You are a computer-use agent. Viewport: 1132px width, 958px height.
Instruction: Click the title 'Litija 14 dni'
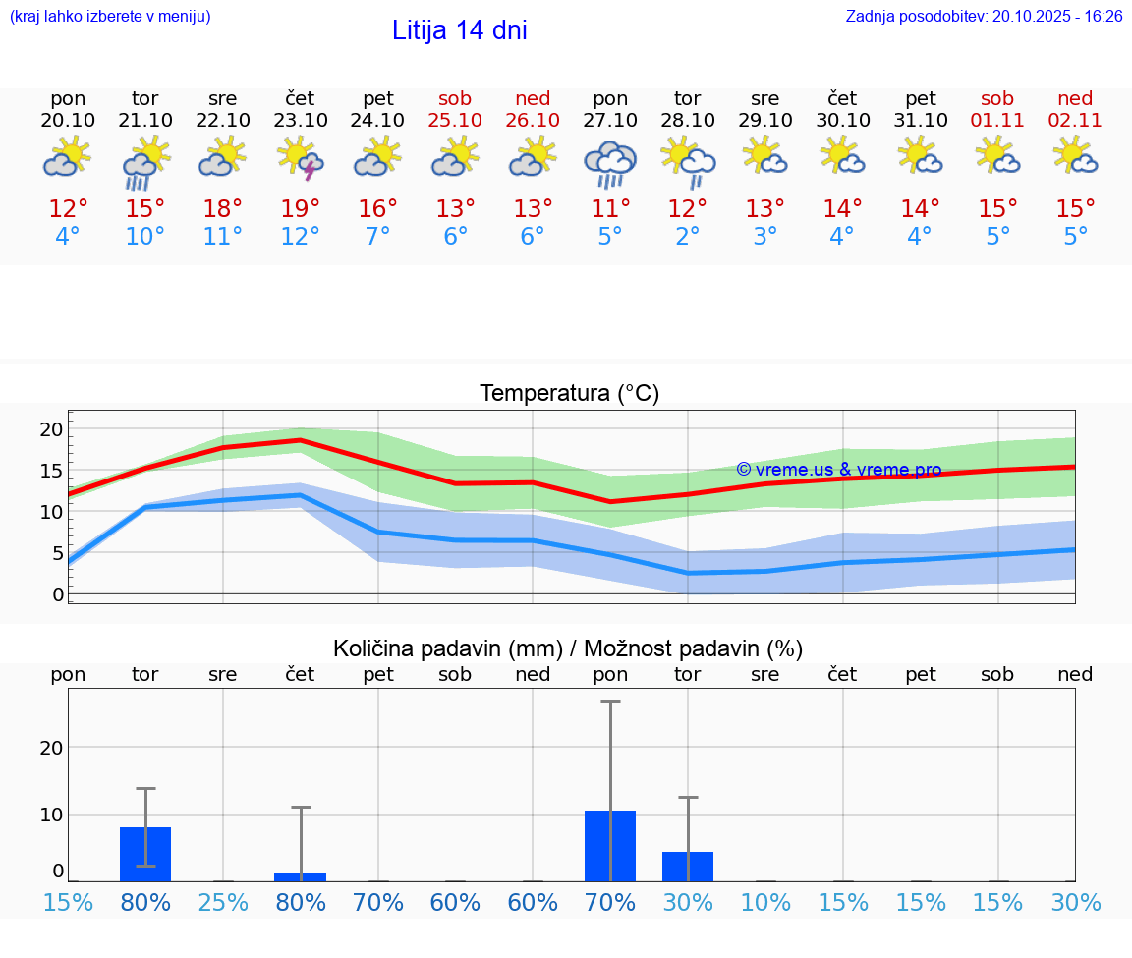pyautogui.click(x=459, y=30)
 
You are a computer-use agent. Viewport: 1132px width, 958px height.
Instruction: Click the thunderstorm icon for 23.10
pyautogui.click(x=301, y=158)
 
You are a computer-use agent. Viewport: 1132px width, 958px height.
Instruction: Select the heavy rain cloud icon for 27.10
pyautogui.click(x=610, y=163)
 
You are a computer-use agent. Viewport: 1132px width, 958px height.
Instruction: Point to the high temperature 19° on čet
pyautogui.click(x=301, y=209)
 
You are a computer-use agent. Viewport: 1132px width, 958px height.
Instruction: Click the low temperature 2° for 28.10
pyautogui.click(x=688, y=237)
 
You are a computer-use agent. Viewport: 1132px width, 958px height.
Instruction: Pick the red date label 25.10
pyautogui.click(x=455, y=121)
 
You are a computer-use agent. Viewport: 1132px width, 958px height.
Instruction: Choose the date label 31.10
pyautogui.click(x=921, y=121)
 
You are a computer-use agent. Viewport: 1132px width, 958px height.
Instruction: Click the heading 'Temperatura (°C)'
pyautogui.click(x=569, y=394)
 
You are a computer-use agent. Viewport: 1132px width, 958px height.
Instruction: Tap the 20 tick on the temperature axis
pyautogui.click(x=51, y=429)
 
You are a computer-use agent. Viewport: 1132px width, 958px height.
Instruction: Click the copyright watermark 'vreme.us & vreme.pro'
pyautogui.click(x=839, y=470)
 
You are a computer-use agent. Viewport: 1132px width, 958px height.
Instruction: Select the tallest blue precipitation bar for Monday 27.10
pyautogui.click(x=610, y=846)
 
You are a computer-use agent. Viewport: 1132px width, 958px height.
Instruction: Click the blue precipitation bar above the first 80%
pyautogui.click(x=145, y=854)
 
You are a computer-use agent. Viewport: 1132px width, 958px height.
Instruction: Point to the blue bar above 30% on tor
pyautogui.click(x=688, y=867)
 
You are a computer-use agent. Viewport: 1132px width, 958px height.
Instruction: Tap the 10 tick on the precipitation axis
pyautogui.click(x=51, y=815)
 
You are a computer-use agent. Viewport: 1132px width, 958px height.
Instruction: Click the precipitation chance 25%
pyautogui.click(x=223, y=903)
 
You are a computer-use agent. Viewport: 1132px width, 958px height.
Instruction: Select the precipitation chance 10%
pyautogui.click(x=765, y=903)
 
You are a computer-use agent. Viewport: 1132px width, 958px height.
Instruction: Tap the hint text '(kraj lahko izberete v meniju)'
pyautogui.click(x=110, y=17)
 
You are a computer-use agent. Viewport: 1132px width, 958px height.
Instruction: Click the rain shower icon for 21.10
pyautogui.click(x=145, y=162)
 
